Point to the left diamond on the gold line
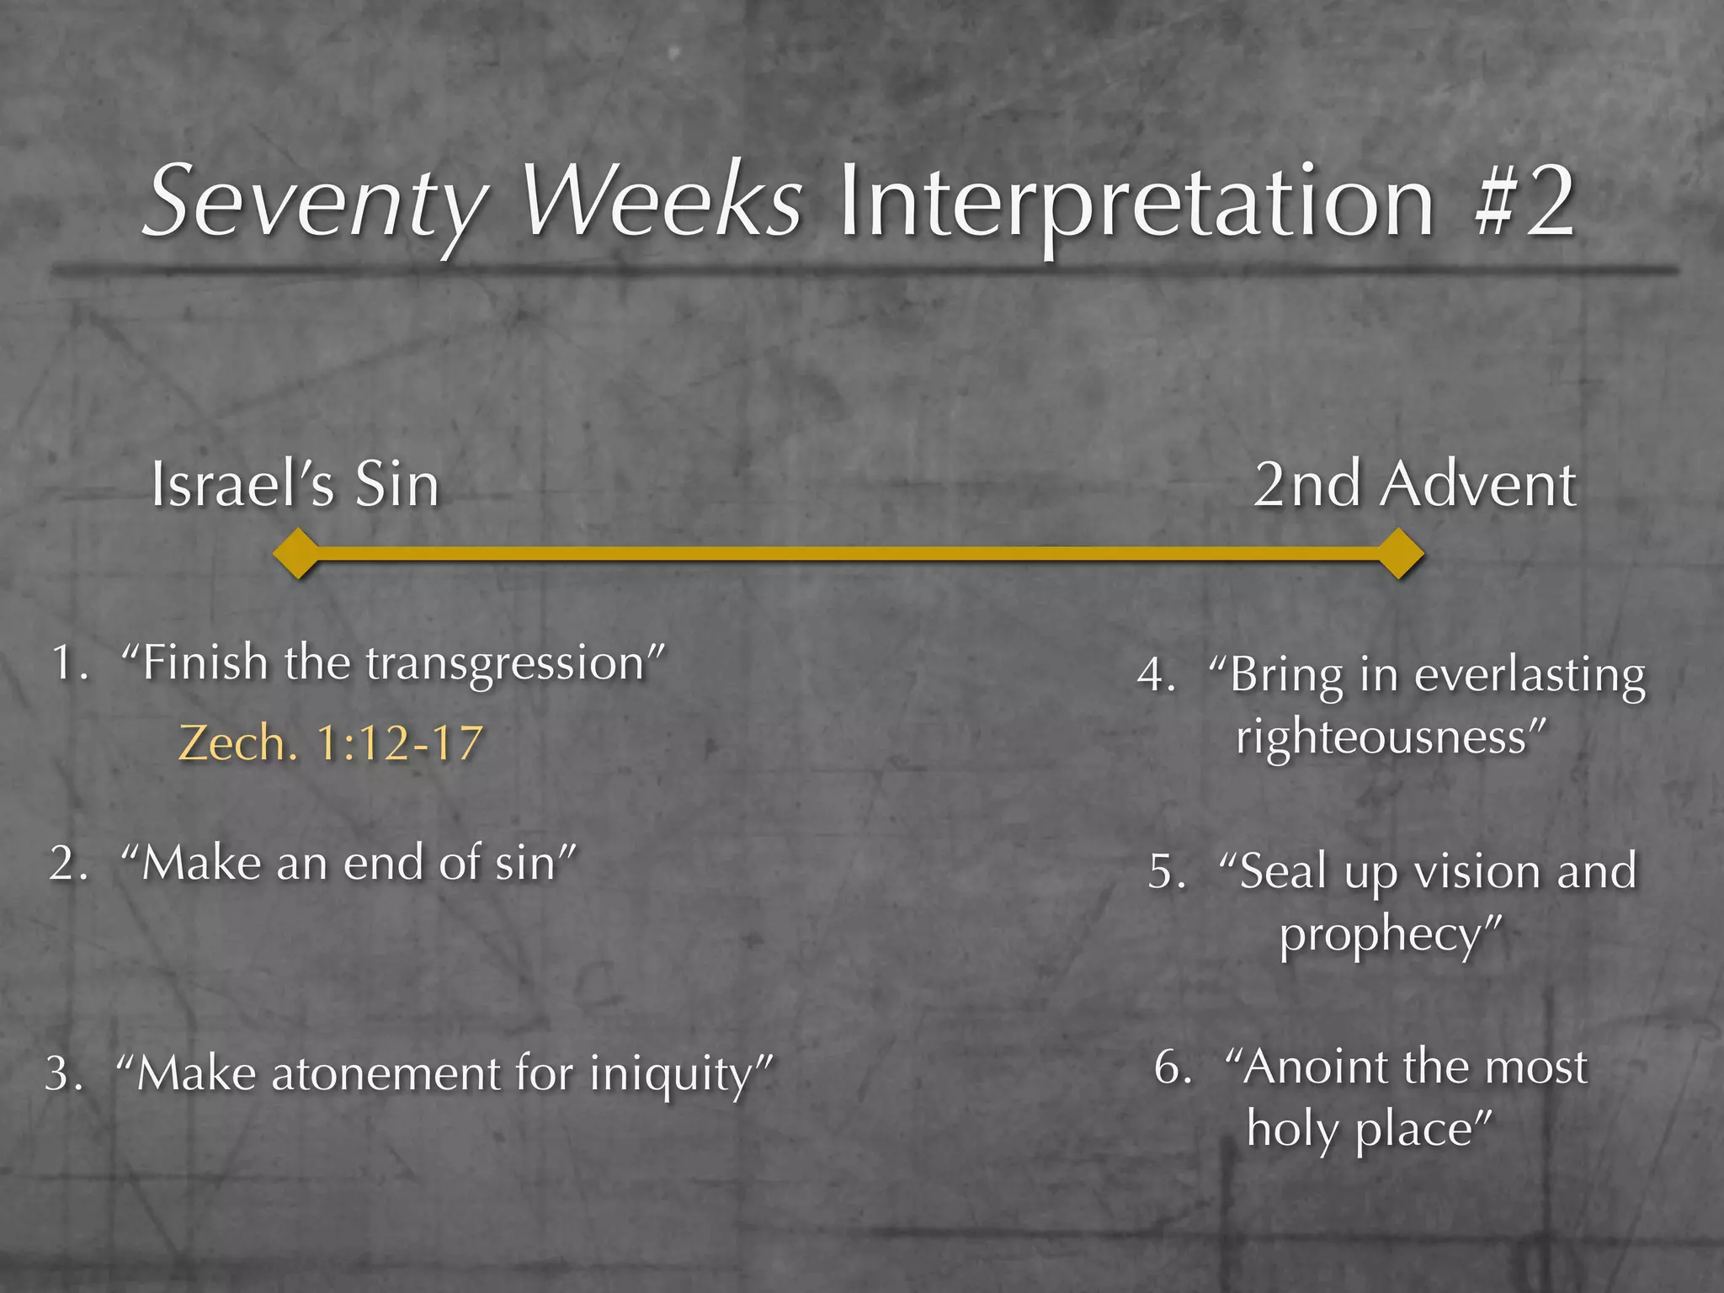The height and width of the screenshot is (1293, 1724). [x=297, y=553]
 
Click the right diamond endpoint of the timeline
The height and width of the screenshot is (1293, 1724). [x=1399, y=553]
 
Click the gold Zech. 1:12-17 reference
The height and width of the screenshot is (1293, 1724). [x=331, y=743]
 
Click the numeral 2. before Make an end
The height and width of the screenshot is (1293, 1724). [x=68, y=864]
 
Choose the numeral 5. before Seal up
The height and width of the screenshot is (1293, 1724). [x=1168, y=872]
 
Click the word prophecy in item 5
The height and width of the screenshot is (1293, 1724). [x=1381, y=934]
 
